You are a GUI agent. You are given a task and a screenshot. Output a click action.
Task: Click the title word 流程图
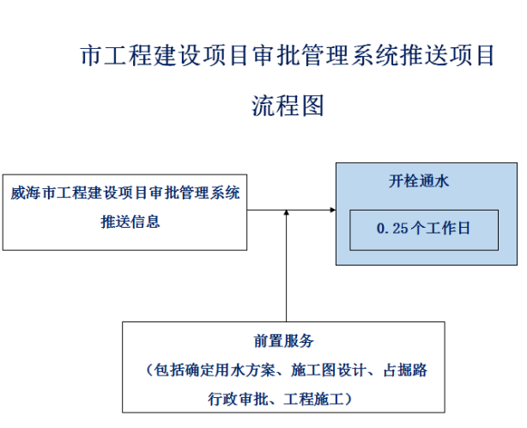pyautogui.click(x=287, y=107)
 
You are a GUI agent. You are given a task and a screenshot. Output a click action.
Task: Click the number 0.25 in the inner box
pyautogui.click(x=394, y=229)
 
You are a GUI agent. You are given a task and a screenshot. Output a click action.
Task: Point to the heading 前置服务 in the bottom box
pyautogui.click(x=283, y=341)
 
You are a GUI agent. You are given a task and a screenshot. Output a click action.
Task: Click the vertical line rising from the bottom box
pyautogui.click(x=284, y=275)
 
